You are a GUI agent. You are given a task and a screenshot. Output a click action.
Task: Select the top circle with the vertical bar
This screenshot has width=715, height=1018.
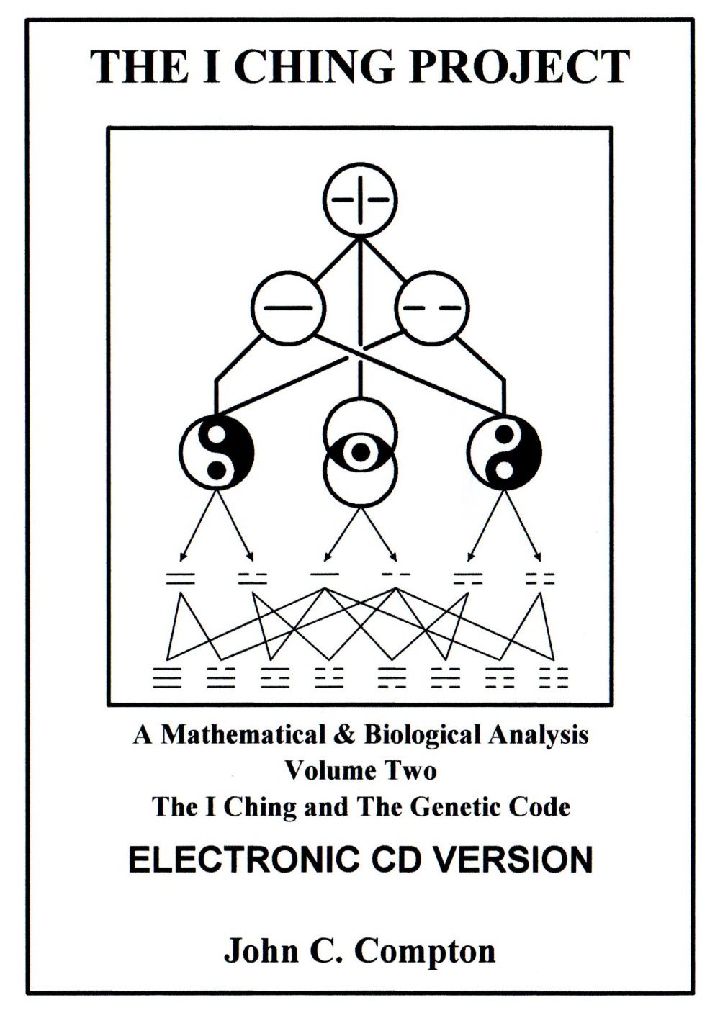(x=360, y=199)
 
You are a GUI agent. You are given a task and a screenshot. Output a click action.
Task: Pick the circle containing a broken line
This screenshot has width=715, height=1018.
(x=431, y=307)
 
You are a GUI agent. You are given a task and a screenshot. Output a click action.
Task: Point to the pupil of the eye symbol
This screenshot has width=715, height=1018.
(x=360, y=451)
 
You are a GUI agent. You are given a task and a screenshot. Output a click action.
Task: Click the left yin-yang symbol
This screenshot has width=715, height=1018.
(x=216, y=451)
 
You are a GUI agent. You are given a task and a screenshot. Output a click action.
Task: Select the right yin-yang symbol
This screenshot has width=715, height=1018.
(x=504, y=451)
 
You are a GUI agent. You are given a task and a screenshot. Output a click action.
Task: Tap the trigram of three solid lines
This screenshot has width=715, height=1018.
(x=167, y=677)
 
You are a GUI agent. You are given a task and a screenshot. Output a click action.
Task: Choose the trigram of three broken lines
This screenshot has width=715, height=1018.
(x=553, y=677)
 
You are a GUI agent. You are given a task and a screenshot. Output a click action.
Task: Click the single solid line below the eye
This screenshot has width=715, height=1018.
(x=325, y=575)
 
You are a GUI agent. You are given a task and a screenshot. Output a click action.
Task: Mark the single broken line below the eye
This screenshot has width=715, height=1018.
(x=395, y=575)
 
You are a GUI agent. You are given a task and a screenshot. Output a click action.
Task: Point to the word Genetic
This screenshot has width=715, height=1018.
(x=450, y=806)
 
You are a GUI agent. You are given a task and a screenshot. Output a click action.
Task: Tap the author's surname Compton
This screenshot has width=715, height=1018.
(x=425, y=950)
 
